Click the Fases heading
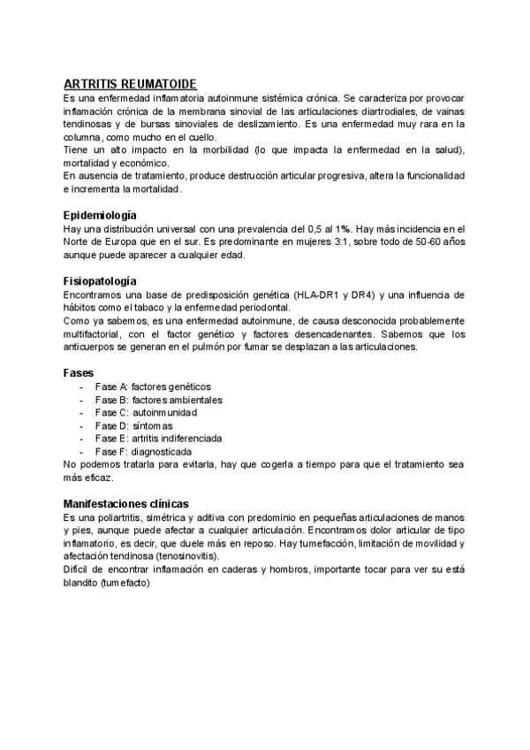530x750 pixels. click(x=79, y=373)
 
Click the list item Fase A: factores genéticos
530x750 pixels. click(x=153, y=386)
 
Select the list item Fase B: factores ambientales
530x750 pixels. click(x=158, y=400)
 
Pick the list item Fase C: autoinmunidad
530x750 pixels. click(x=146, y=412)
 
